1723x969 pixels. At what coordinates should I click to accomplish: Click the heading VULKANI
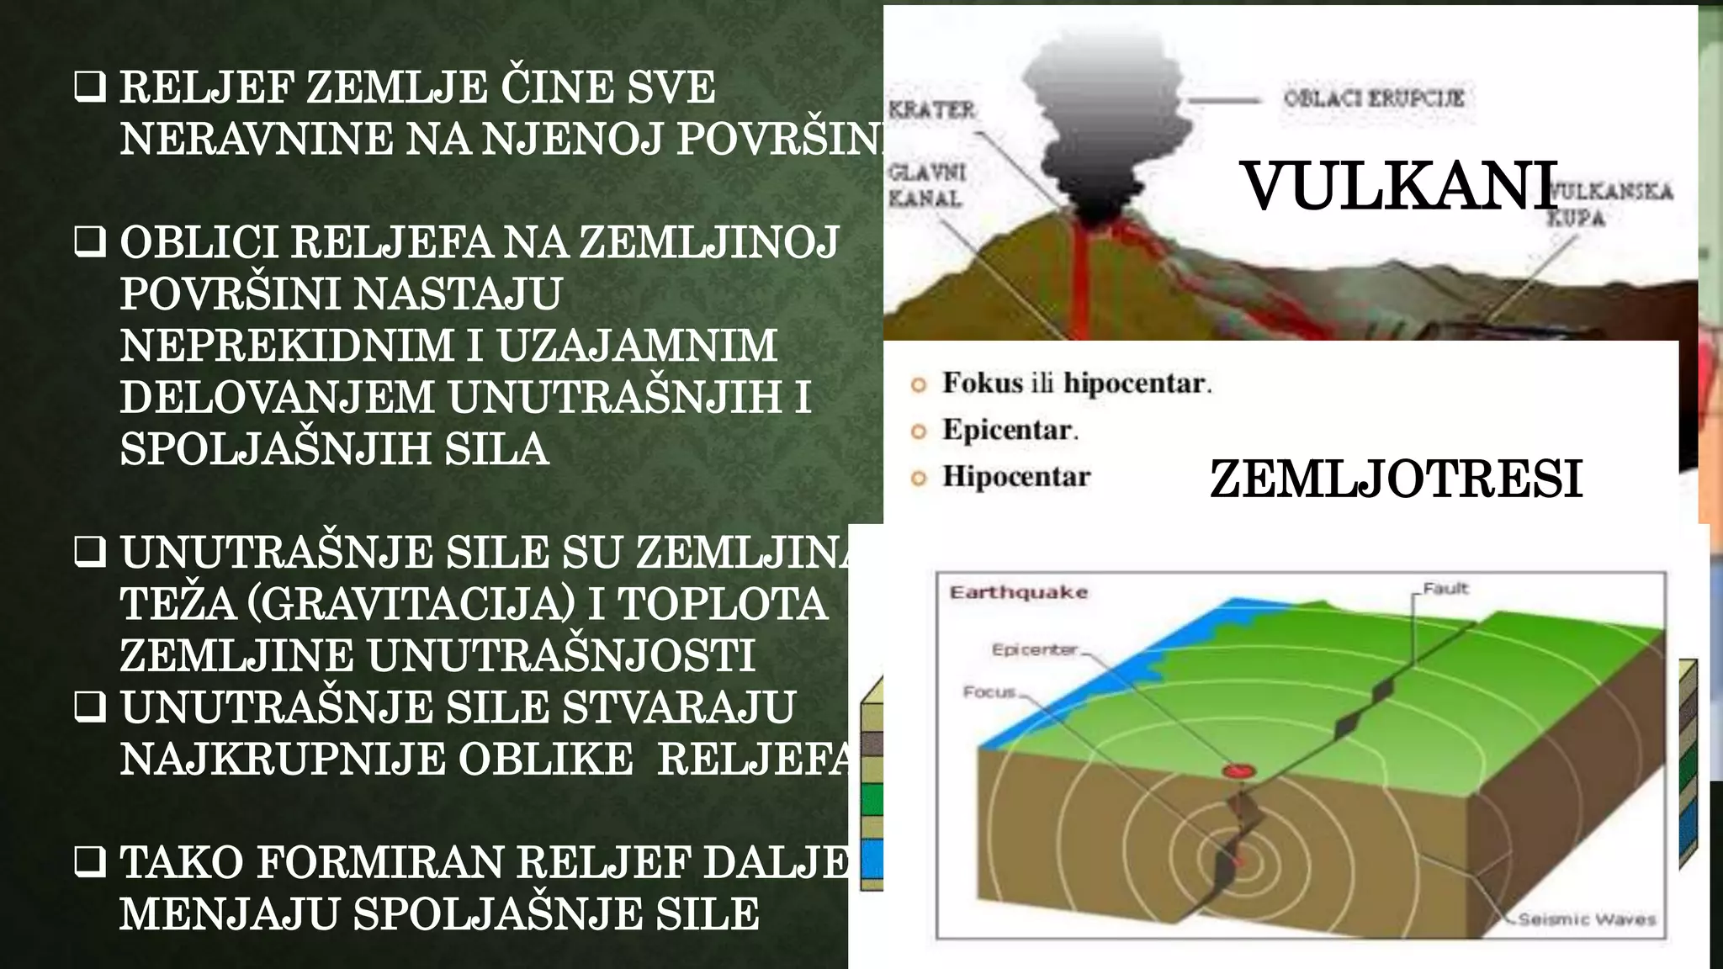1398,186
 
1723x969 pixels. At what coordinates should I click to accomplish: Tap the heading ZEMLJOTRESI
1396,479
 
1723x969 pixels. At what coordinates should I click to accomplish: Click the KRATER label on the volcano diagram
932,109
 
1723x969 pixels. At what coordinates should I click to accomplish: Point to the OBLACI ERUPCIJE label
1374,98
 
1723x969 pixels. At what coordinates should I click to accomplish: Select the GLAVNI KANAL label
926,185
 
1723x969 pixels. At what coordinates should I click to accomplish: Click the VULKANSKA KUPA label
1609,204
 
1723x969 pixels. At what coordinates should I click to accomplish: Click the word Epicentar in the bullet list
1009,430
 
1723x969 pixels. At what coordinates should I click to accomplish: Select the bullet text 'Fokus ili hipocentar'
1076,384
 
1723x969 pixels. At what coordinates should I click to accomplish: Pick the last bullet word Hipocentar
1016,476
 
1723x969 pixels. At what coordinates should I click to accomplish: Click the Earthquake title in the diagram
1018,592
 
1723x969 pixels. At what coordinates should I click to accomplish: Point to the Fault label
1445,589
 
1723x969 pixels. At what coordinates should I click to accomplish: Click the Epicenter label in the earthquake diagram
1034,649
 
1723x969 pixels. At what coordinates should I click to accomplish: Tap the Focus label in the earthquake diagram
989,692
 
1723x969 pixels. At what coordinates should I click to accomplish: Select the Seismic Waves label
1587,919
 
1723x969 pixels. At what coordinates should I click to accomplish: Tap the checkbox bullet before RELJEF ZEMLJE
90,87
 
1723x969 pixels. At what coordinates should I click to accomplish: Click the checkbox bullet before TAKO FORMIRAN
90,862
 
